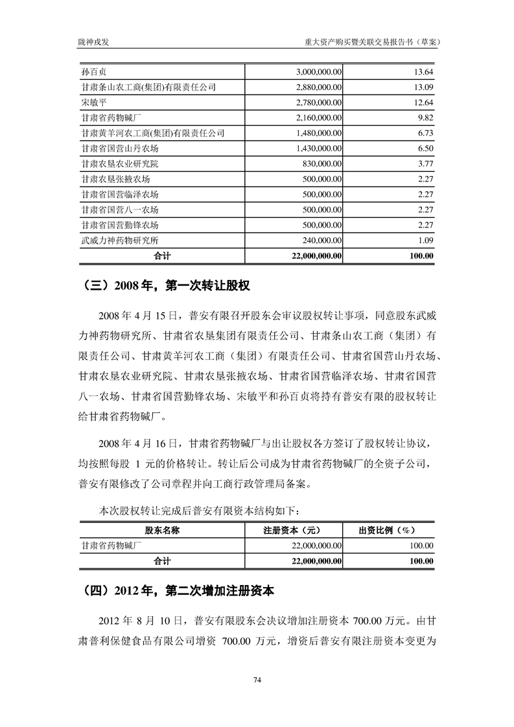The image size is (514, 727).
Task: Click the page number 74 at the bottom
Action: (x=257, y=679)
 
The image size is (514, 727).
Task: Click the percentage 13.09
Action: (x=423, y=87)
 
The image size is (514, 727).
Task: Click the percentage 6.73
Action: (x=425, y=133)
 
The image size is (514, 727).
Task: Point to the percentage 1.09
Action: (x=425, y=240)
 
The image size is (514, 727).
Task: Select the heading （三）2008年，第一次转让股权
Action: (x=167, y=284)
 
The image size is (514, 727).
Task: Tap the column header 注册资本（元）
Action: (x=294, y=530)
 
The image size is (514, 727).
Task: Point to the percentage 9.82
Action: (x=425, y=117)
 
